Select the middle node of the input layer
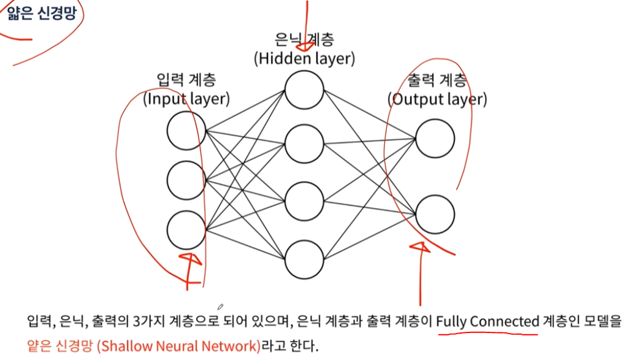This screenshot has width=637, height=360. point(186,179)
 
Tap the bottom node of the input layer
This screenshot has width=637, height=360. point(186,229)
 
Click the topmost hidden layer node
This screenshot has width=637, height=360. point(303,90)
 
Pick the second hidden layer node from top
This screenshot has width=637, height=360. point(303,144)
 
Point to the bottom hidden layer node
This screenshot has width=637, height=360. point(303,259)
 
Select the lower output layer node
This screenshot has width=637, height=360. point(434,213)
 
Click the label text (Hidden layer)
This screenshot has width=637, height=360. point(304,58)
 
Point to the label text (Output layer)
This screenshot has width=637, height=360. point(437,99)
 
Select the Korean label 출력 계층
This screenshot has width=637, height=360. point(437,80)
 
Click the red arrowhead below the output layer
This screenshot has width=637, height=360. point(419,247)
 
